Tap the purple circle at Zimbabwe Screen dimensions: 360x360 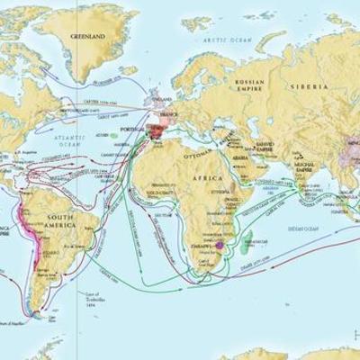pos(219,244)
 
